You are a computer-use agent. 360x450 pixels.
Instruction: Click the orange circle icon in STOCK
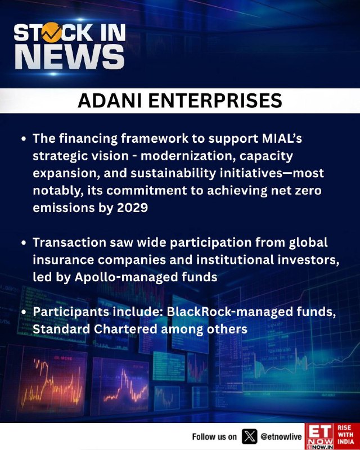coord(51,33)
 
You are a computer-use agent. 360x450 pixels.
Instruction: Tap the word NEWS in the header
coord(70,57)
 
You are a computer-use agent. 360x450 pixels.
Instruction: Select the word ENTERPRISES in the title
coord(215,101)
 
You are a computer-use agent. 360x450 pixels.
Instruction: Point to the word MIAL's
coord(282,138)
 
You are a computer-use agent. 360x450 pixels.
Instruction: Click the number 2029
coord(132,208)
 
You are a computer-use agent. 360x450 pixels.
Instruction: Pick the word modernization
coord(187,156)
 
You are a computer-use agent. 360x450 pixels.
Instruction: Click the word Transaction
coord(70,242)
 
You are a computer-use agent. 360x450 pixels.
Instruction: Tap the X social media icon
coord(249,436)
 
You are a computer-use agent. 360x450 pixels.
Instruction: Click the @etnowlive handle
coord(281,437)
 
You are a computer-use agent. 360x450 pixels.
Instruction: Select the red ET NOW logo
coord(319,436)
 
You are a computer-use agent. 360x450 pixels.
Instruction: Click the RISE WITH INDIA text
coord(345,434)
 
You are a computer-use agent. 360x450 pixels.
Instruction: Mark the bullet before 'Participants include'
coord(24,312)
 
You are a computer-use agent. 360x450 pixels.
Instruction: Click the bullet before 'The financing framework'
coord(24,139)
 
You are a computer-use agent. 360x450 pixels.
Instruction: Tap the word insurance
coord(63,260)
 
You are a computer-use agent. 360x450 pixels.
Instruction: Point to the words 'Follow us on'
coord(214,437)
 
